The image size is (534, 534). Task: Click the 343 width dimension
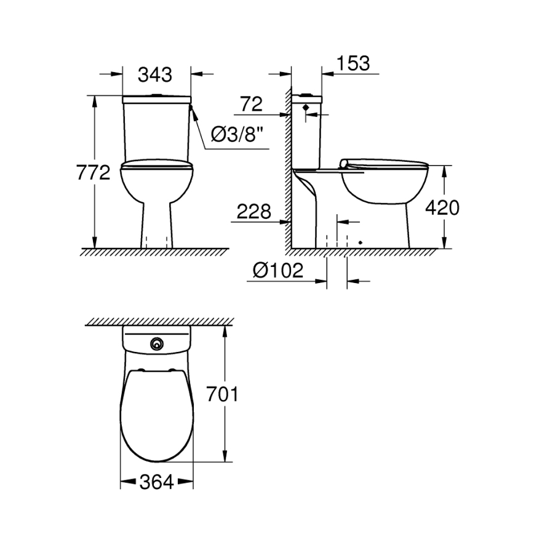click(154, 75)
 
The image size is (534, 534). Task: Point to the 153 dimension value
click(353, 63)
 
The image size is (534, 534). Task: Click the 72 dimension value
click(251, 104)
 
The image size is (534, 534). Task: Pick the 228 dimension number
click(254, 212)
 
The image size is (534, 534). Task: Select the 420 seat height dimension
click(442, 208)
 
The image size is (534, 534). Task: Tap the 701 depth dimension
click(222, 394)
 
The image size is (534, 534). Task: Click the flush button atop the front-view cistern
click(157, 95)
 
